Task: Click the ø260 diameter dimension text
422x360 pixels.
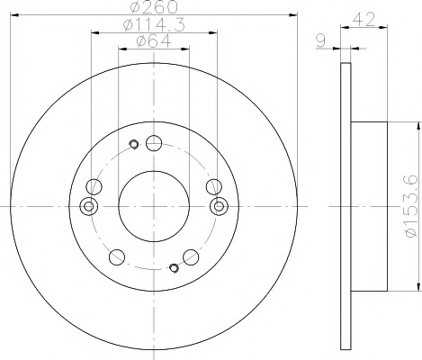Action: [x=154, y=7]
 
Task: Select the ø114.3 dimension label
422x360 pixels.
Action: [x=154, y=24]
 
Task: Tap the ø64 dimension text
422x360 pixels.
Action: [x=154, y=41]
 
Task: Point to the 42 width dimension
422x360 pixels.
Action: [x=364, y=20]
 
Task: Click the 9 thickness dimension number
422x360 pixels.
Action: [x=321, y=41]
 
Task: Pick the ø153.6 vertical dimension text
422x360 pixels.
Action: [x=411, y=206]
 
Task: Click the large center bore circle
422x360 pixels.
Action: [x=154, y=171]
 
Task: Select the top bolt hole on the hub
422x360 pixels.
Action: [x=154, y=143]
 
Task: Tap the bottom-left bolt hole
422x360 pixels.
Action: [x=117, y=257]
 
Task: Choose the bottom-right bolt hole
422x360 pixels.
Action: [x=191, y=257]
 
